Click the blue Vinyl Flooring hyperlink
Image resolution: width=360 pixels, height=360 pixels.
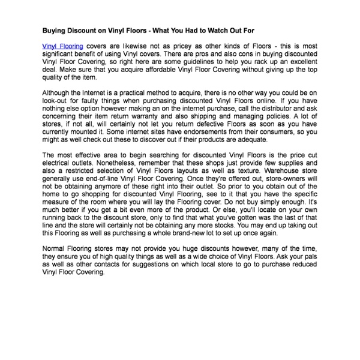(x=63, y=46)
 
